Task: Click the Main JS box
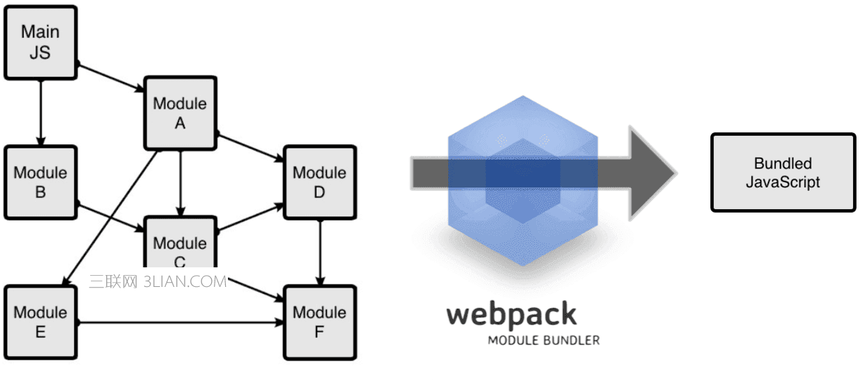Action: coord(40,42)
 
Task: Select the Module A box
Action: coord(180,113)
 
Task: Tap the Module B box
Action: coord(40,182)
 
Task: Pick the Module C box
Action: coord(180,245)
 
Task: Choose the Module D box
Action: coord(319,182)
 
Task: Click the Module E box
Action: coord(40,322)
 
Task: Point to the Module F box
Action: coord(319,322)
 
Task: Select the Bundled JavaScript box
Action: coord(782,173)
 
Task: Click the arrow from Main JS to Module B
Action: coord(40,112)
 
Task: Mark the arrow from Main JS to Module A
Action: coord(110,78)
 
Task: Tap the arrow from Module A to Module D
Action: coord(250,146)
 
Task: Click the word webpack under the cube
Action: coord(512,315)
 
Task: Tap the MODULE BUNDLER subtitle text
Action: coord(543,341)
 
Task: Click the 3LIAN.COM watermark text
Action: coord(185,281)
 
